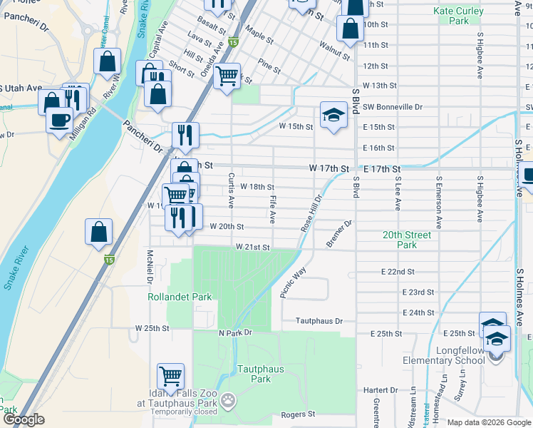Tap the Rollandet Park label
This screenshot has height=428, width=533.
pos(170,297)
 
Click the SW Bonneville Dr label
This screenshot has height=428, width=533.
pos(393,106)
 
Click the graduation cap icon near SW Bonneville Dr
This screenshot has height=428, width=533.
pos(333,115)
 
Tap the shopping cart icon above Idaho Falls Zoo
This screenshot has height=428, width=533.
pos(170,375)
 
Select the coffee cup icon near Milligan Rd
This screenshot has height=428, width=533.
pos(59,118)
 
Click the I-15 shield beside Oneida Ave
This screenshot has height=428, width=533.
pos(234,44)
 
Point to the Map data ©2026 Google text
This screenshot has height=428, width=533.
pos(488,422)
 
